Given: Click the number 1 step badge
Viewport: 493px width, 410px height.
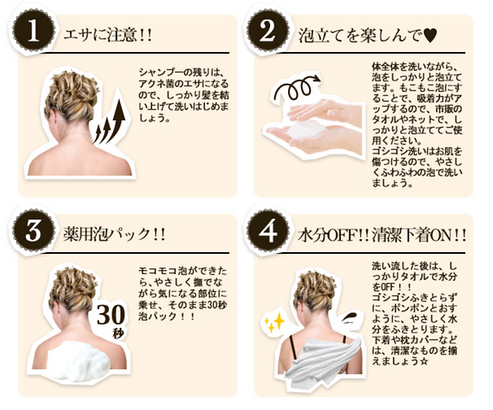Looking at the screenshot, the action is click(33, 32).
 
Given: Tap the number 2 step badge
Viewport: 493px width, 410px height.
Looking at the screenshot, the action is click(268, 32).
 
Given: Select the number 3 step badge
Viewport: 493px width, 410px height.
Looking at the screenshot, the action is click(33, 231).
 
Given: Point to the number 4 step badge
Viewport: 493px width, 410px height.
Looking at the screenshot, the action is click(268, 231).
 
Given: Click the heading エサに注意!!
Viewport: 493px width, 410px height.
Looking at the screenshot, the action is click(108, 36).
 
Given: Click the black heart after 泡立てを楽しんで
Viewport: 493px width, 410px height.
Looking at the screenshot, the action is click(430, 36).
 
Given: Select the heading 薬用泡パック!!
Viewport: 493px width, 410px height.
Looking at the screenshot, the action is click(115, 234).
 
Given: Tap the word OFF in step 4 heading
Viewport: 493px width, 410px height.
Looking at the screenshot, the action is click(343, 235).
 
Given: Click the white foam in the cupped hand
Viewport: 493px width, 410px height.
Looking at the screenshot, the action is click(304, 130).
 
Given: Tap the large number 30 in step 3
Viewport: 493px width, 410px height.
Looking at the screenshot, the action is click(111, 315).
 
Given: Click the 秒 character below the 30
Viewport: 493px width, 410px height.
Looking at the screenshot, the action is click(118, 334).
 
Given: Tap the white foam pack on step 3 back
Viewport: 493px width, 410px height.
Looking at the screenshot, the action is click(79, 360).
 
